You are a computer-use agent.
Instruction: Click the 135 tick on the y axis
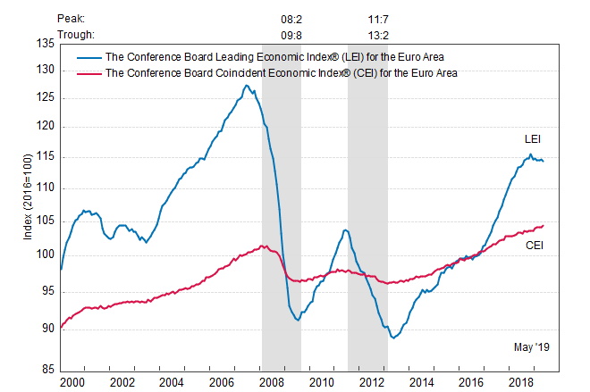[45, 42]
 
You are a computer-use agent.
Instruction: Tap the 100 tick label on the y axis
[45, 254]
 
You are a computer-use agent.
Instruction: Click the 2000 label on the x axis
[72, 382]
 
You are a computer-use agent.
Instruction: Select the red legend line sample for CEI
[88, 73]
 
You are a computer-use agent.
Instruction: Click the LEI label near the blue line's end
[532, 139]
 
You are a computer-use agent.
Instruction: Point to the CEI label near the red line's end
[535, 245]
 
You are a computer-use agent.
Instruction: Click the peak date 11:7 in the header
[367, 17]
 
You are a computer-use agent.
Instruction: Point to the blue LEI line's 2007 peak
[246, 86]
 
